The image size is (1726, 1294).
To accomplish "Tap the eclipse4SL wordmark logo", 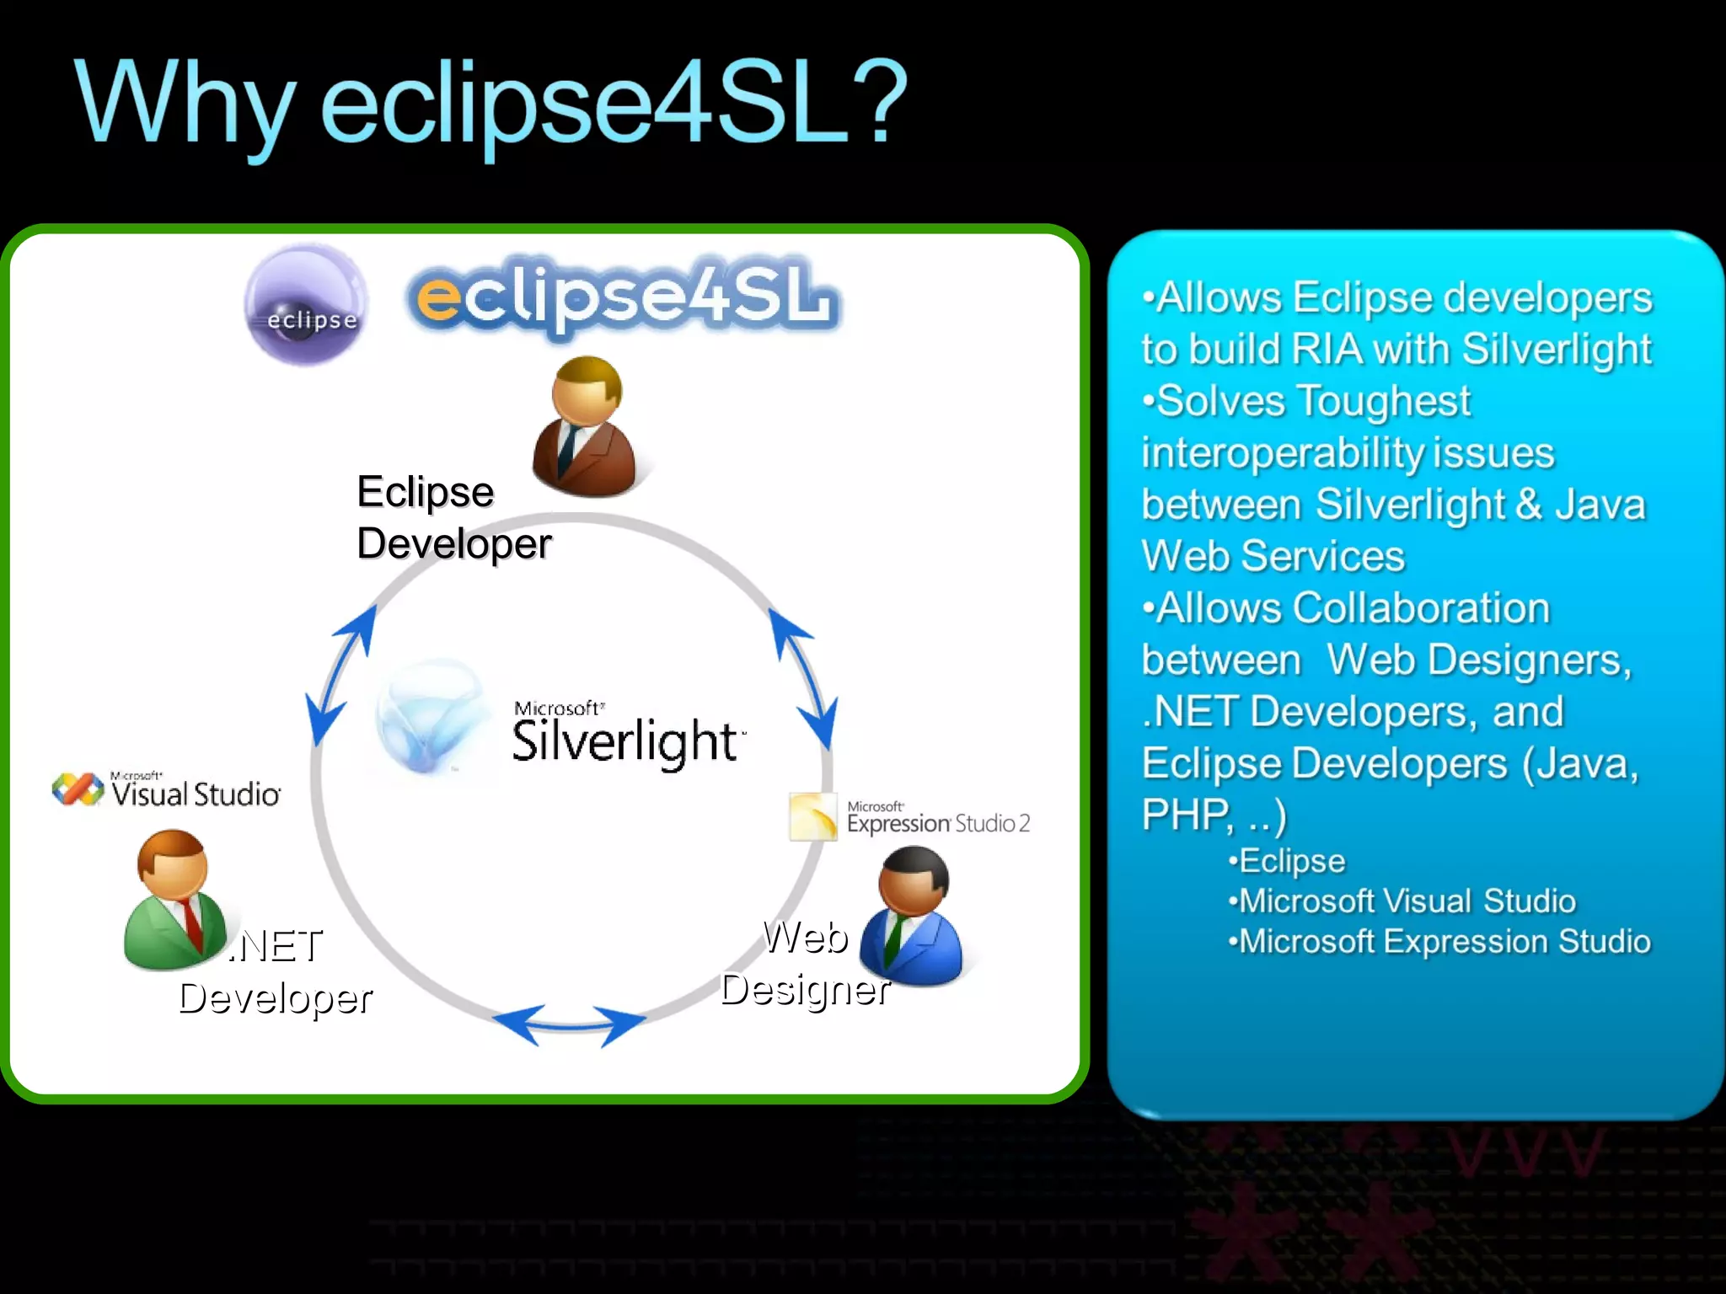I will click(624, 297).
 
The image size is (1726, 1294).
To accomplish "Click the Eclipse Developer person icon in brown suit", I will click(585, 427).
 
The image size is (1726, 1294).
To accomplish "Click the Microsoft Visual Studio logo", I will click(167, 791).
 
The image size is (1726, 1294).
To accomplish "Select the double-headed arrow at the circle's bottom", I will click(569, 1025).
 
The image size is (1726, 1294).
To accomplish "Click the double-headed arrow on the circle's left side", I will click(340, 675).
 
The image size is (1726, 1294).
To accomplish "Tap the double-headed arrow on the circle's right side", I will click(803, 679).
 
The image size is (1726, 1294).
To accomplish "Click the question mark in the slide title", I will click(876, 103).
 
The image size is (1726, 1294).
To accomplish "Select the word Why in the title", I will click(185, 105).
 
